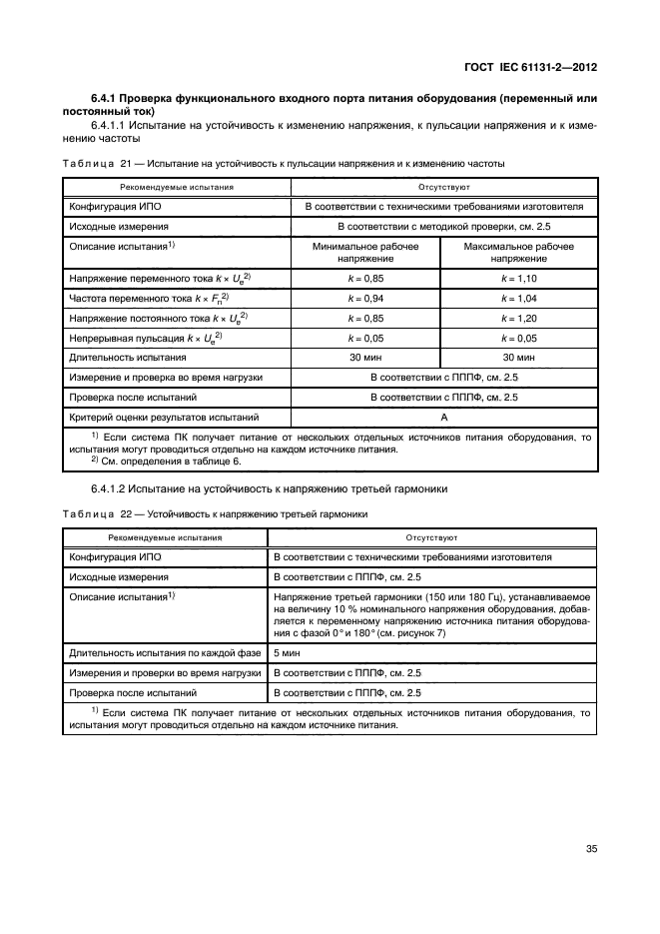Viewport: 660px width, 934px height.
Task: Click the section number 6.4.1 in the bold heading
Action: [107, 99]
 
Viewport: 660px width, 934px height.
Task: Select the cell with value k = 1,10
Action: [518, 278]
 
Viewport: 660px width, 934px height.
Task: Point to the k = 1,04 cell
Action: [518, 298]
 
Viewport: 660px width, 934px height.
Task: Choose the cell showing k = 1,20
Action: [518, 318]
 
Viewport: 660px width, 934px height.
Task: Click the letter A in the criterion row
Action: [442, 416]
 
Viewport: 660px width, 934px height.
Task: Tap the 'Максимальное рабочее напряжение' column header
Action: [518, 252]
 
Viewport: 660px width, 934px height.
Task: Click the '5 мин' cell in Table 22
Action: [288, 652]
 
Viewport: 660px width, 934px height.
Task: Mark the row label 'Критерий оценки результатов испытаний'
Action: [160, 416]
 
